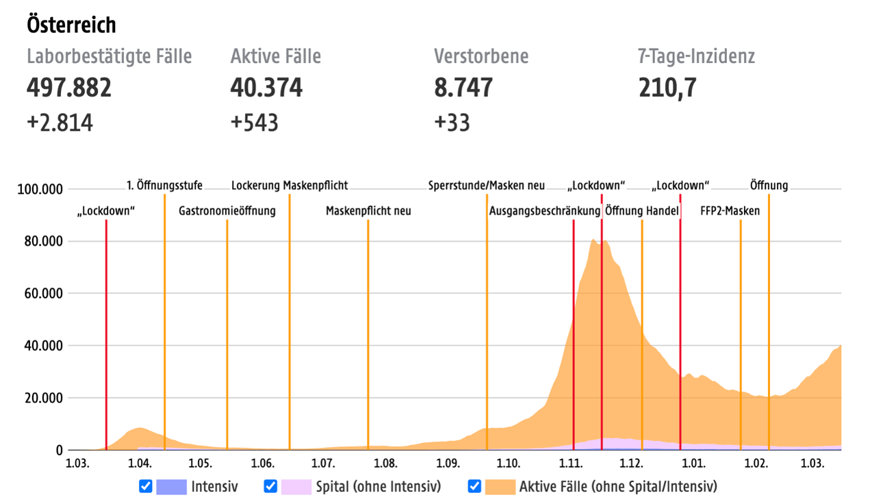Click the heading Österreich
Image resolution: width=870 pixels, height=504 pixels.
71,25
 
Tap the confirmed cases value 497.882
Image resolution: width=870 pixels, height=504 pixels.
69,88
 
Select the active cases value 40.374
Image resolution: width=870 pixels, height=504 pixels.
266,88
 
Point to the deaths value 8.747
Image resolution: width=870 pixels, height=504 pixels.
463,88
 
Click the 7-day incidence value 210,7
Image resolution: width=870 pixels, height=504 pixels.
667,88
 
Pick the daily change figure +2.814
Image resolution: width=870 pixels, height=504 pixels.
60,123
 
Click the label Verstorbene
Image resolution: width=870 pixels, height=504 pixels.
481,56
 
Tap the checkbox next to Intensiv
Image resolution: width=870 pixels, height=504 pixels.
145,486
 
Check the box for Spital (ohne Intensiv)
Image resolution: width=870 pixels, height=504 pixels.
270,486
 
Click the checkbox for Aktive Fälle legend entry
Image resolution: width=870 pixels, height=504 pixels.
474,486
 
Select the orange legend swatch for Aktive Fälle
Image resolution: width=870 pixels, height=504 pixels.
499,487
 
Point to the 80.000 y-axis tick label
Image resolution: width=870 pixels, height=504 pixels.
40,241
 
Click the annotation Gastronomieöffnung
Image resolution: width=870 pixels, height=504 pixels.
227,211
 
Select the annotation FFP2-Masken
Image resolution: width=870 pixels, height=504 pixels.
730,211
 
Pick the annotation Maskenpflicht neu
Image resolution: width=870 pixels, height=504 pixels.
368,211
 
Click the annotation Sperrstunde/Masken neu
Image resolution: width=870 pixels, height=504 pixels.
487,186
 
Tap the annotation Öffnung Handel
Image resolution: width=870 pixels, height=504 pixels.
642,211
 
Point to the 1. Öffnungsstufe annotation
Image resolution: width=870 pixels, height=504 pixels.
164,186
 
